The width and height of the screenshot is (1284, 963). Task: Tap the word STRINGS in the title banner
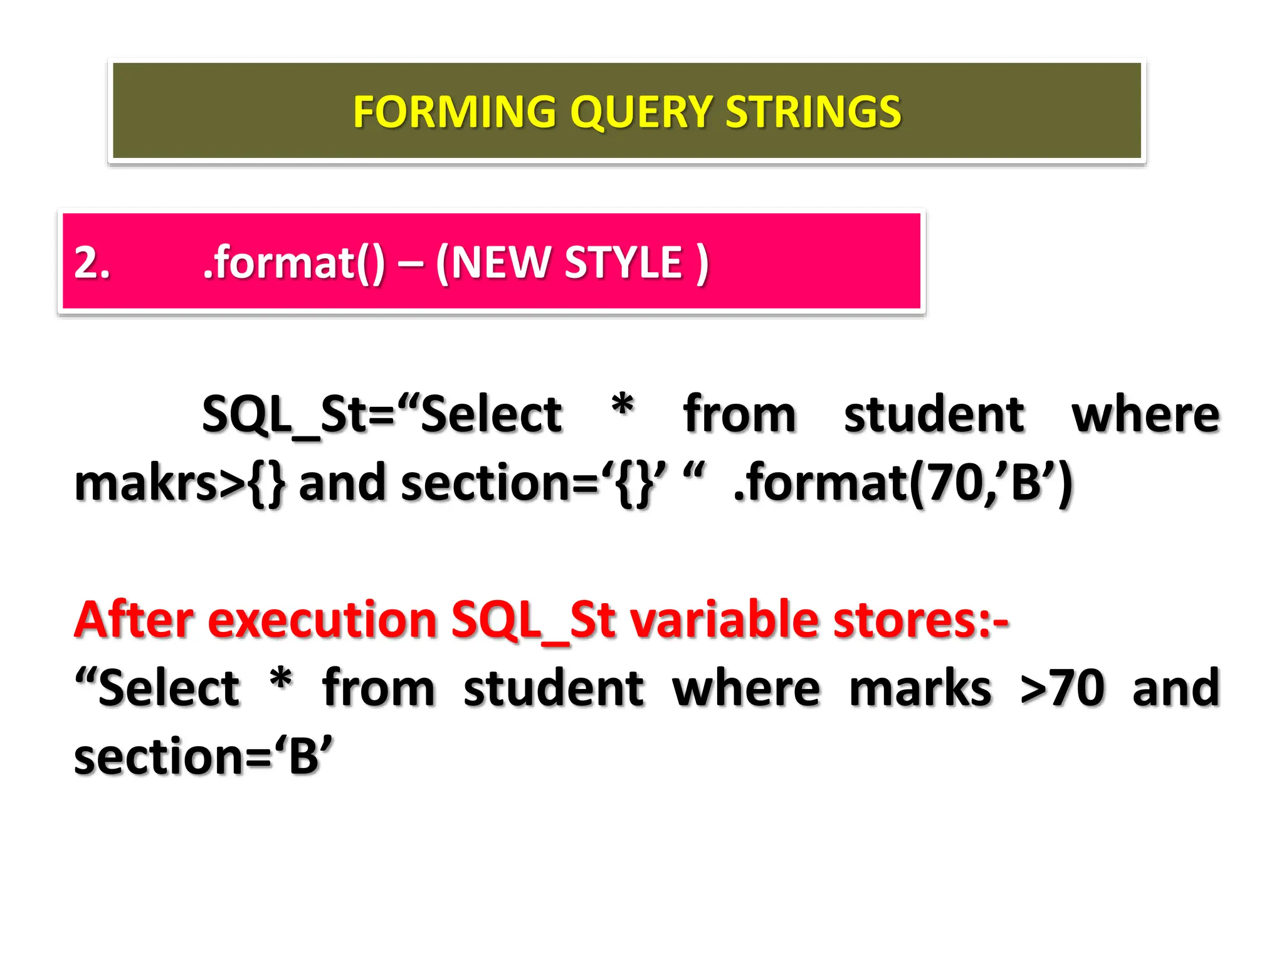tap(813, 112)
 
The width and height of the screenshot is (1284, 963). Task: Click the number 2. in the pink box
tap(92, 262)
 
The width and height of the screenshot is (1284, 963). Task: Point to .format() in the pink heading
tap(293, 262)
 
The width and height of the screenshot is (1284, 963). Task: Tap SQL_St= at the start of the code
tap(298, 415)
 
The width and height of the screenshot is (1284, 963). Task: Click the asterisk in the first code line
tap(622, 406)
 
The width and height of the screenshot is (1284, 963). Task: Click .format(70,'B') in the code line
tap(903, 484)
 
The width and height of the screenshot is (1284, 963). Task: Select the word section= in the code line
tap(499, 484)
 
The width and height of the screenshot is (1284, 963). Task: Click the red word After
tap(134, 619)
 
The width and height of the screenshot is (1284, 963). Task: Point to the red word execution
tap(322, 619)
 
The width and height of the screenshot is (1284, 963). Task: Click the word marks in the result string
tap(920, 688)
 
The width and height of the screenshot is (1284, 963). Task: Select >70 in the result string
tap(1062, 688)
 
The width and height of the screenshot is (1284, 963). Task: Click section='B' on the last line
tap(203, 757)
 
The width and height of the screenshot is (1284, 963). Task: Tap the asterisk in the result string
tap(280, 680)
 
